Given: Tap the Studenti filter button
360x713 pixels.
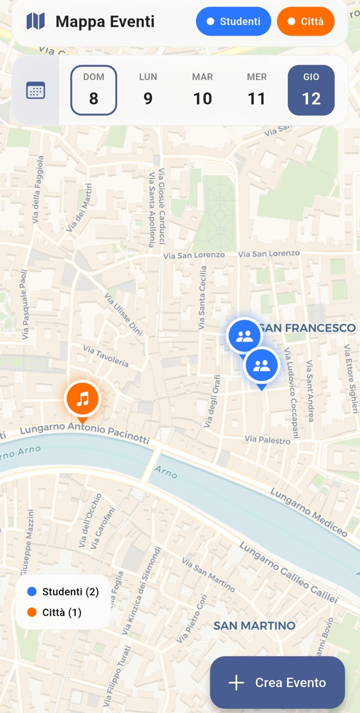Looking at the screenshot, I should point(233,21).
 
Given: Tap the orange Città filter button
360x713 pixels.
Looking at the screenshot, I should point(306,21).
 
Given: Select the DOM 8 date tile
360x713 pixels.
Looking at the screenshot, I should point(94,90).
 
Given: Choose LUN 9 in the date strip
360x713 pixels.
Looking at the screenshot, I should point(148,90).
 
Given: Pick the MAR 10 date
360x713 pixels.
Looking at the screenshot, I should point(202,90).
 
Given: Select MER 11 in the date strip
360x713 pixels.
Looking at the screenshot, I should point(257,90).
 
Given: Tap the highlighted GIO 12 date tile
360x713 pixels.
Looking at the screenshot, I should point(311,90).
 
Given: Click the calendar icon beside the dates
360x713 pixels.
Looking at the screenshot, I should point(35,91).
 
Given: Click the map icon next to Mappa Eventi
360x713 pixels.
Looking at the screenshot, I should point(35,21).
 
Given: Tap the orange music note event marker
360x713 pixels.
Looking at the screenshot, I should point(83,399).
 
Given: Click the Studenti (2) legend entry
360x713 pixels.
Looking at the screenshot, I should point(63,591).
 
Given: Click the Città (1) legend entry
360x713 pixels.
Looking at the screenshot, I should point(54,612).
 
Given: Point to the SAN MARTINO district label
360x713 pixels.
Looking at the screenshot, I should point(254,626).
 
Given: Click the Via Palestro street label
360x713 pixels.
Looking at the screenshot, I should point(267,440).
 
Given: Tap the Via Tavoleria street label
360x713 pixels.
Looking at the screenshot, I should point(106,356).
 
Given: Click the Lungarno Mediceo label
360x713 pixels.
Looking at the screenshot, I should point(309,513).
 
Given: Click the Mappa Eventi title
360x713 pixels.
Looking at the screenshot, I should point(105,22).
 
